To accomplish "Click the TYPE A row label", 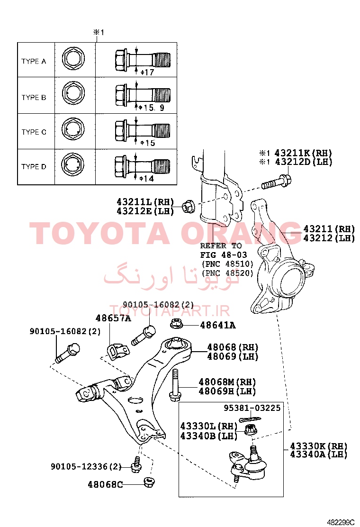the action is pos(34,61).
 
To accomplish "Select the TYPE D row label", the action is pos(34,167).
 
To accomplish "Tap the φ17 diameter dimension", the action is pos(147,72).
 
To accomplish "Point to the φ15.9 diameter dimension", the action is pos(152,108).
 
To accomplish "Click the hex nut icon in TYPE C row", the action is pos(73,130).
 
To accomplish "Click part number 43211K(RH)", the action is pos(303,153).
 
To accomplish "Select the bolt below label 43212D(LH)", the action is pos(276,182).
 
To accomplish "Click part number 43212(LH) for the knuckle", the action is pos(329,238).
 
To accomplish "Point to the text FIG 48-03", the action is pos(223,255).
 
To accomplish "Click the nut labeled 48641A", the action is pos(176,324).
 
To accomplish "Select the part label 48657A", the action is pos(113,318).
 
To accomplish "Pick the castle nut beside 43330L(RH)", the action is pos(250,429).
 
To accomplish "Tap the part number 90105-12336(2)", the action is pos(86,466).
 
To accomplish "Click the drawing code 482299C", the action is pos(341,522).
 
